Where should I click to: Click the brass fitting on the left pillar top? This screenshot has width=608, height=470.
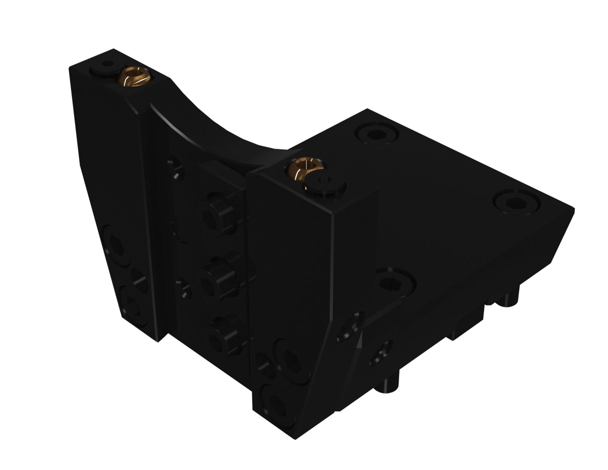(133, 78)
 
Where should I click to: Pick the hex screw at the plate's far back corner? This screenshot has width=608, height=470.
(377, 133)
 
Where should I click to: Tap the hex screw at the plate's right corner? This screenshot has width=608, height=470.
(516, 201)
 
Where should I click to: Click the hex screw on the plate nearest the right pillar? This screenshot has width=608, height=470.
(395, 282)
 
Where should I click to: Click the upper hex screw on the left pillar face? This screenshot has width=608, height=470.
(117, 246)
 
